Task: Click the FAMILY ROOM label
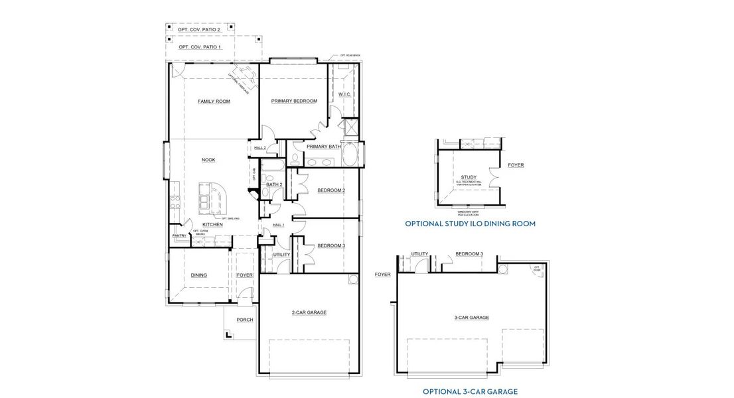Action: click(x=214, y=101)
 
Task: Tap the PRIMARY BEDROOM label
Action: click(x=294, y=101)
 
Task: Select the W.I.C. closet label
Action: click(x=344, y=95)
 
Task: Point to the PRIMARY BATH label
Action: click(x=323, y=147)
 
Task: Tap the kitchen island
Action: click(x=212, y=201)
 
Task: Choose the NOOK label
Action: click(x=208, y=160)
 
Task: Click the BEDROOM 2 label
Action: click(x=330, y=190)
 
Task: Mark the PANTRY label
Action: click(x=179, y=235)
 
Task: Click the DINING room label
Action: click(x=198, y=275)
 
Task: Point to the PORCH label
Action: click(x=245, y=320)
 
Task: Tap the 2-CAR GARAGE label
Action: click(x=309, y=312)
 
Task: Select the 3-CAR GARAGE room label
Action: click(x=471, y=318)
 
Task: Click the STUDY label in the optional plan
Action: click(x=469, y=177)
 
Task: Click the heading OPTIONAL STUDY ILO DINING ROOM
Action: click(x=470, y=224)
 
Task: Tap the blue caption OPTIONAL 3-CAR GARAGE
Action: click(x=470, y=391)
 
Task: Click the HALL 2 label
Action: click(x=260, y=147)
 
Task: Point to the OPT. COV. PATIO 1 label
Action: click(x=200, y=48)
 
